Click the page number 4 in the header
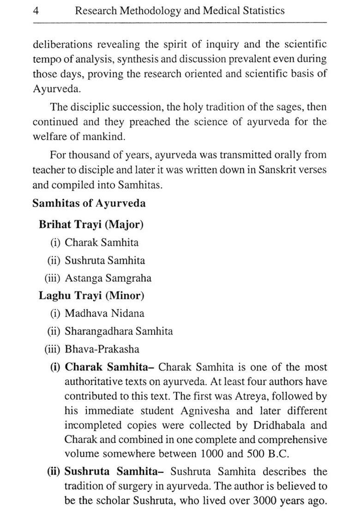pyautogui.click(x=36, y=11)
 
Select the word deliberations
pyautogui.click(x=61, y=45)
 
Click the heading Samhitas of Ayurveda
pyautogui.click(x=89, y=203)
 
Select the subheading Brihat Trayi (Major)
pyautogui.click(x=91, y=225)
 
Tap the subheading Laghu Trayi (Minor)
pyautogui.click(x=91, y=296)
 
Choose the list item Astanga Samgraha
pyautogui.click(x=108, y=278)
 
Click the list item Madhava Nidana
pyautogui.click(x=104, y=314)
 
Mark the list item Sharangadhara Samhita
pyautogui.click(x=119, y=331)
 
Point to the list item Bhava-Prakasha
pyautogui.click(x=102, y=349)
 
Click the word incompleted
pyautogui.click(x=90, y=425)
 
